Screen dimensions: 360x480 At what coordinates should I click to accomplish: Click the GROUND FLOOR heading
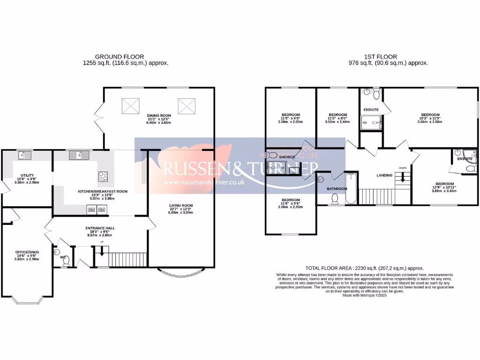[120, 56]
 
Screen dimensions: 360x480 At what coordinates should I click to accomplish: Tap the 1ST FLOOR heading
[389, 56]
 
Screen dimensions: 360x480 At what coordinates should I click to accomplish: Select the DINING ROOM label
[159, 115]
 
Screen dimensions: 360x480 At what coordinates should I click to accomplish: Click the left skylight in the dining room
[131, 105]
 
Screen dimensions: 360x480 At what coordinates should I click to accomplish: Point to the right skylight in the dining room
[186, 105]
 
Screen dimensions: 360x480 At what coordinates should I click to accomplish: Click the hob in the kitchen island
[103, 176]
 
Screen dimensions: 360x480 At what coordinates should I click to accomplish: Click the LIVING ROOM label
[181, 205]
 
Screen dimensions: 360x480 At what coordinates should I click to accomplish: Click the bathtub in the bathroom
[351, 188]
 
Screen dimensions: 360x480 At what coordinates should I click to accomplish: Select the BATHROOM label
[337, 189]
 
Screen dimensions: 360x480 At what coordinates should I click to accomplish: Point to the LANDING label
[384, 175]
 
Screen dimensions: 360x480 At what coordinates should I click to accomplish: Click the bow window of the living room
[181, 271]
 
